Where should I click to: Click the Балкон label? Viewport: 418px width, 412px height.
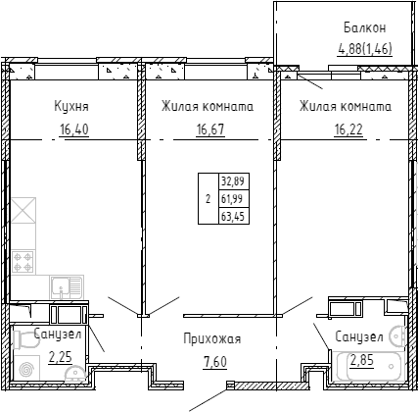365,27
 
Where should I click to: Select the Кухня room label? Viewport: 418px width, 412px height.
71,107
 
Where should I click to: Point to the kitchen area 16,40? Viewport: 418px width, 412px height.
74,129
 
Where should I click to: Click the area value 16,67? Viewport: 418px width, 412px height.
210,129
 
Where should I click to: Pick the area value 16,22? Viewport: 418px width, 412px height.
348,129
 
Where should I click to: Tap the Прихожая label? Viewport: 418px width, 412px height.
212,339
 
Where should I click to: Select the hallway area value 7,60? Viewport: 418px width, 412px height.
215,362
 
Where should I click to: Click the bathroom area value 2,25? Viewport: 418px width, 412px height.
60,357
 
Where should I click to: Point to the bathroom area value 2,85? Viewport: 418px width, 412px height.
362,360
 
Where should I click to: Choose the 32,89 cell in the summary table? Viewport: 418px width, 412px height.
234,180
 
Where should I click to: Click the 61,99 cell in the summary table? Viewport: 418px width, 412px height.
234,198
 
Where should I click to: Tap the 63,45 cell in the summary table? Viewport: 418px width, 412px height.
234,216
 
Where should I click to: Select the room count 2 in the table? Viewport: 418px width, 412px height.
209,199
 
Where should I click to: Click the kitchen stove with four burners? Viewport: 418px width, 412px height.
23,262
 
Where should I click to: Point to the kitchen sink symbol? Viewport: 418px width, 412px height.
67,286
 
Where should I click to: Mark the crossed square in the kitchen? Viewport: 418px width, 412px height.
23,210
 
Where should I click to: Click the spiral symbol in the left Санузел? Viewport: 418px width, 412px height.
26,369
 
